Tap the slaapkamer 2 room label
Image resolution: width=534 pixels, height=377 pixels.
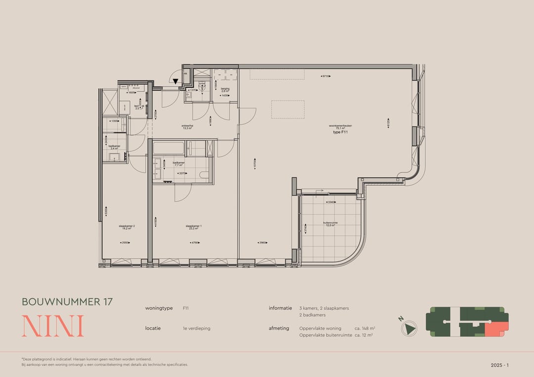tap(127, 227)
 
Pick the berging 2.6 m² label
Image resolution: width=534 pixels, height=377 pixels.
tap(225, 90)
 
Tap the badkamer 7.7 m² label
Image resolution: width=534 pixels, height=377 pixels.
tap(179, 163)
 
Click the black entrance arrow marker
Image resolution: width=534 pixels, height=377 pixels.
tap(175, 82)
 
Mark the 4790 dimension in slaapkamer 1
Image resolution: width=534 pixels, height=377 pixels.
tap(195, 243)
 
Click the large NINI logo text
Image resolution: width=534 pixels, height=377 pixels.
tap(52, 326)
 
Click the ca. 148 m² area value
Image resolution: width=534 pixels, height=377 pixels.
tap(365, 328)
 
